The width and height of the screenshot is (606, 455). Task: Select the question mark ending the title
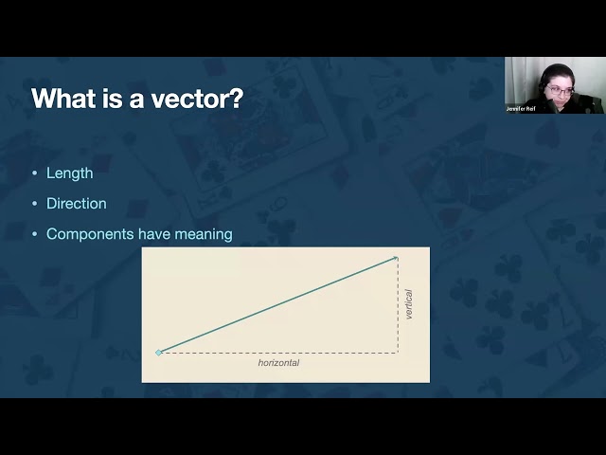coord(236,99)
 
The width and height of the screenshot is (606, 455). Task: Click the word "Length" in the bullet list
coord(69,173)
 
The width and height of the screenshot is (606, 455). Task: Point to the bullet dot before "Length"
coord(35,173)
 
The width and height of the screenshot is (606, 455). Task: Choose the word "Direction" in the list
coord(77,204)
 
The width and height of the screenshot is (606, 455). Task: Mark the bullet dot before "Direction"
coord(35,204)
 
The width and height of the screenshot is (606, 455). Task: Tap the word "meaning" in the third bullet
coord(203,234)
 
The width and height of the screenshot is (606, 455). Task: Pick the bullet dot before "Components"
coord(35,234)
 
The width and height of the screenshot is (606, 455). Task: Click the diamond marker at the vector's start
coord(159,353)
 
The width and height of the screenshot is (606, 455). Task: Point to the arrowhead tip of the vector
coord(396,257)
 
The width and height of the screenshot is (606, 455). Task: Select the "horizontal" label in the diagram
coord(278,363)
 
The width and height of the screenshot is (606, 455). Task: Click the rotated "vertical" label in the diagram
coord(409,304)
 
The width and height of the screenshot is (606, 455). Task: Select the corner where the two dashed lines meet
coord(398,353)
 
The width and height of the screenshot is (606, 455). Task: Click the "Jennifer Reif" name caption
coord(526,108)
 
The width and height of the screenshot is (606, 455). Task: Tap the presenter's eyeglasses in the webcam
coord(559,90)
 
